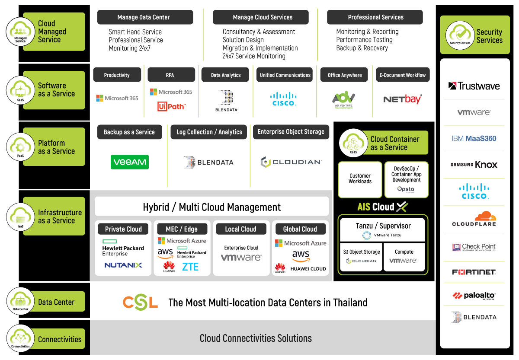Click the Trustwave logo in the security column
(x=474, y=86)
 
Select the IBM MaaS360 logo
(x=474, y=139)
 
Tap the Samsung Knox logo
(x=474, y=165)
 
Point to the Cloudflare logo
(x=474, y=219)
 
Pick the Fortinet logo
(x=474, y=272)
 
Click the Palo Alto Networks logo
(x=474, y=296)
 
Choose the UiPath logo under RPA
(x=171, y=106)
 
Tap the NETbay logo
(x=403, y=99)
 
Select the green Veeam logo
(x=130, y=162)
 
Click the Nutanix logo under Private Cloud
(x=123, y=265)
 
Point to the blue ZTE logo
(x=190, y=267)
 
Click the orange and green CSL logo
(x=140, y=302)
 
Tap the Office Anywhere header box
(x=344, y=75)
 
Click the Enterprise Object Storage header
(x=291, y=132)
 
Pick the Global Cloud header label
(x=300, y=229)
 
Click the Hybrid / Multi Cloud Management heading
(x=211, y=207)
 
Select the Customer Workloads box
(x=360, y=179)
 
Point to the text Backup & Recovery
(x=362, y=48)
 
